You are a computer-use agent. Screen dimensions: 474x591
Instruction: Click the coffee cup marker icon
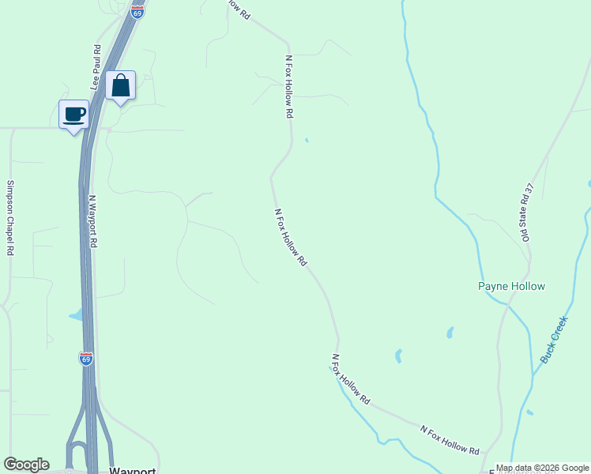tap(75, 114)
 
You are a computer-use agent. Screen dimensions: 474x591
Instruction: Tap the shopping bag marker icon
tap(120, 85)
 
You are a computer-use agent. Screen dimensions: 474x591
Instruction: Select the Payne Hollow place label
tap(511, 286)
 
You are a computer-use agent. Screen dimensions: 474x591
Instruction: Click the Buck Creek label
tap(554, 340)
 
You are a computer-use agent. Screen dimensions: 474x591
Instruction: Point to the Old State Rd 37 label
tap(527, 212)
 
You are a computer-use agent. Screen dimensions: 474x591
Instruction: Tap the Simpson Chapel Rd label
tap(10, 218)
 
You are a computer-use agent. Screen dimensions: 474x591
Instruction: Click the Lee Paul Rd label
tap(96, 66)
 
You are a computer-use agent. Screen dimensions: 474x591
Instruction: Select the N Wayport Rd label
tap(92, 222)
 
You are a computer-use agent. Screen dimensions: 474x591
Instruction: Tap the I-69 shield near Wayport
tap(86, 359)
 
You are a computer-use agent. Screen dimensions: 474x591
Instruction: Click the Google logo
tap(26, 465)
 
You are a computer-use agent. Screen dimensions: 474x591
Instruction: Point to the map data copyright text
tap(541, 468)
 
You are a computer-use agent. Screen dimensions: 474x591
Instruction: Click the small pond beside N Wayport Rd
tap(75, 315)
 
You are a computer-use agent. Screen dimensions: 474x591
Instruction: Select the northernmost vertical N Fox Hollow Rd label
tap(289, 87)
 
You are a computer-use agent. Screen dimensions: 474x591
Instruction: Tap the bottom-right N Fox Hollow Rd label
tap(450, 440)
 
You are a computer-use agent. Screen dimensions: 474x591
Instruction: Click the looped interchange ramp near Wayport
tap(77, 454)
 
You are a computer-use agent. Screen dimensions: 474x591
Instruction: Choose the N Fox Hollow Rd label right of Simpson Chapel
tap(290, 237)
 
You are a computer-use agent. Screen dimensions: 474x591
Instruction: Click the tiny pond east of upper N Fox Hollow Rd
tap(307, 141)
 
